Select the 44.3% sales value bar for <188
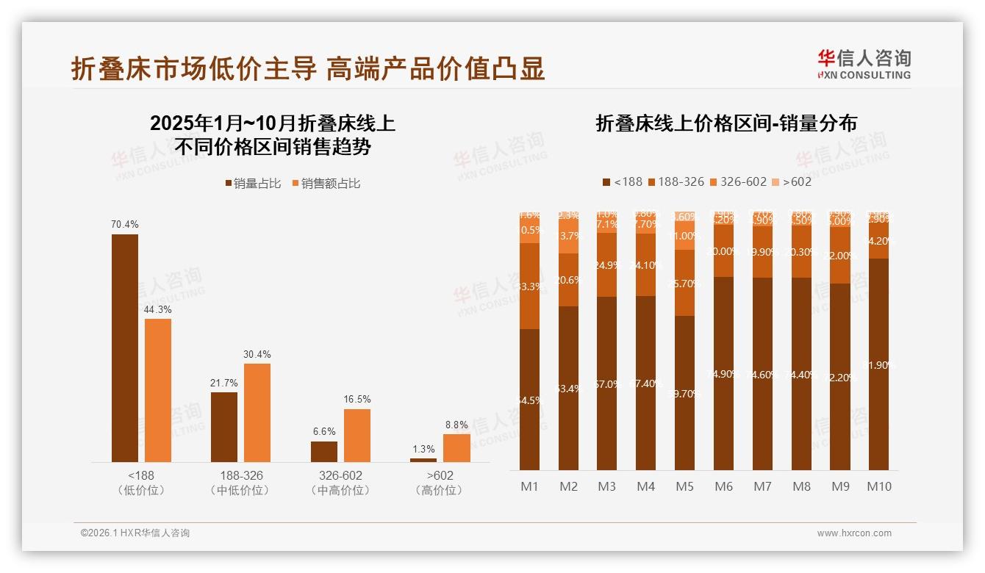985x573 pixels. tap(157, 390)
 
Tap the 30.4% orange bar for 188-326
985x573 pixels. tap(257, 412)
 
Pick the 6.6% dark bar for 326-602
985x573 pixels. tap(323, 451)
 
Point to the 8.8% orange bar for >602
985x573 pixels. tap(456, 447)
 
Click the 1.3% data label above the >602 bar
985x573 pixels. tap(423, 449)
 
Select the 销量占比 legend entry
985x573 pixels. tap(253, 184)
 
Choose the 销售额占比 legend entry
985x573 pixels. tap(326, 184)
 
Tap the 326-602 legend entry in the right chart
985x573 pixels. tap(737, 181)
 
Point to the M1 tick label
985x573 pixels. tap(529, 486)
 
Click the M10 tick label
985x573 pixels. tap(878, 486)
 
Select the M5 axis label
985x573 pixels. tap(684, 486)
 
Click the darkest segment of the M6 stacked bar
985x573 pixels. tap(723, 373)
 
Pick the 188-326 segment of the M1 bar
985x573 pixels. tap(529, 286)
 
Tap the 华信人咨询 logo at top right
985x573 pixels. tap(864, 64)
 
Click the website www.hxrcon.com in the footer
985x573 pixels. tap(854, 533)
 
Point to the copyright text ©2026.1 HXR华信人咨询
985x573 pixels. tap(135, 533)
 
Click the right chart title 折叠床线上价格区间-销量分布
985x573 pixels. tap(726, 123)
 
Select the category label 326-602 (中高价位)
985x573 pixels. tap(340, 483)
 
